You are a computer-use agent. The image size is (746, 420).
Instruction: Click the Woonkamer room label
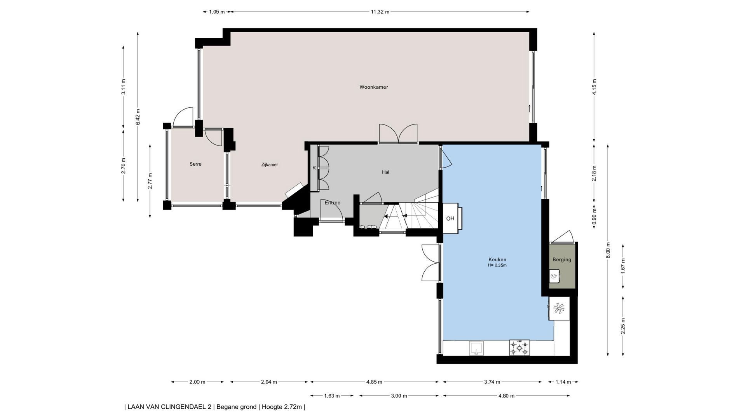tap(373, 87)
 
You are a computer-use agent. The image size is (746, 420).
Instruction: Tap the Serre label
tap(195, 164)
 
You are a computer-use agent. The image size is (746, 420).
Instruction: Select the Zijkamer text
tap(269, 165)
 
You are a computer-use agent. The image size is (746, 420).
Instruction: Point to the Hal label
tap(385, 172)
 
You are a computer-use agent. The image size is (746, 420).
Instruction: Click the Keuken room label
tap(497, 260)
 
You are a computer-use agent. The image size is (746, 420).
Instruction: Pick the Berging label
tap(562, 260)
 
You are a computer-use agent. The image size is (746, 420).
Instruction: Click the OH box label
tap(450, 219)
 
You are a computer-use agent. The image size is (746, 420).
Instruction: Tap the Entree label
tap(333, 203)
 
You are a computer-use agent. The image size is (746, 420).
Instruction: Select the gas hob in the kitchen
tap(519, 348)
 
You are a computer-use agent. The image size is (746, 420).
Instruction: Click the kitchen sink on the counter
tap(476, 348)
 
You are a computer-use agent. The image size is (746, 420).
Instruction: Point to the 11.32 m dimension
tap(380, 12)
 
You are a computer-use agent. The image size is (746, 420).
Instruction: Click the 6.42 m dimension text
tap(138, 117)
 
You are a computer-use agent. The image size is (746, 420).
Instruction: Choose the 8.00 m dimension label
tap(608, 250)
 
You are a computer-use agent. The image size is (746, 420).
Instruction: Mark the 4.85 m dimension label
tap(374, 382)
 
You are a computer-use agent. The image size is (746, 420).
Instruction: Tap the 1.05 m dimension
tap(217, 12)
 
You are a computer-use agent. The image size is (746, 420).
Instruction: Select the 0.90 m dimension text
tap(594, 217)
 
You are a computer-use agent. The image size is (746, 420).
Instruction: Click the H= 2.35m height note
tap(497, 266)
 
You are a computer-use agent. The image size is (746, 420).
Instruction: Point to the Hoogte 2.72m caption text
tap(282, 407)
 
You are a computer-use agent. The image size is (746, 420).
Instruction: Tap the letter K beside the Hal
tap(314, 168)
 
